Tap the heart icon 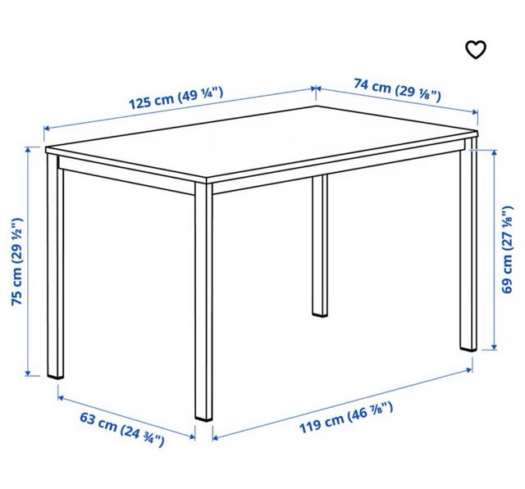(476, 49)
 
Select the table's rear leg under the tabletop (319, 246)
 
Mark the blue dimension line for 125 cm (180, 112)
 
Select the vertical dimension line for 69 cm (495, 250)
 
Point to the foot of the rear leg (319, 312)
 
